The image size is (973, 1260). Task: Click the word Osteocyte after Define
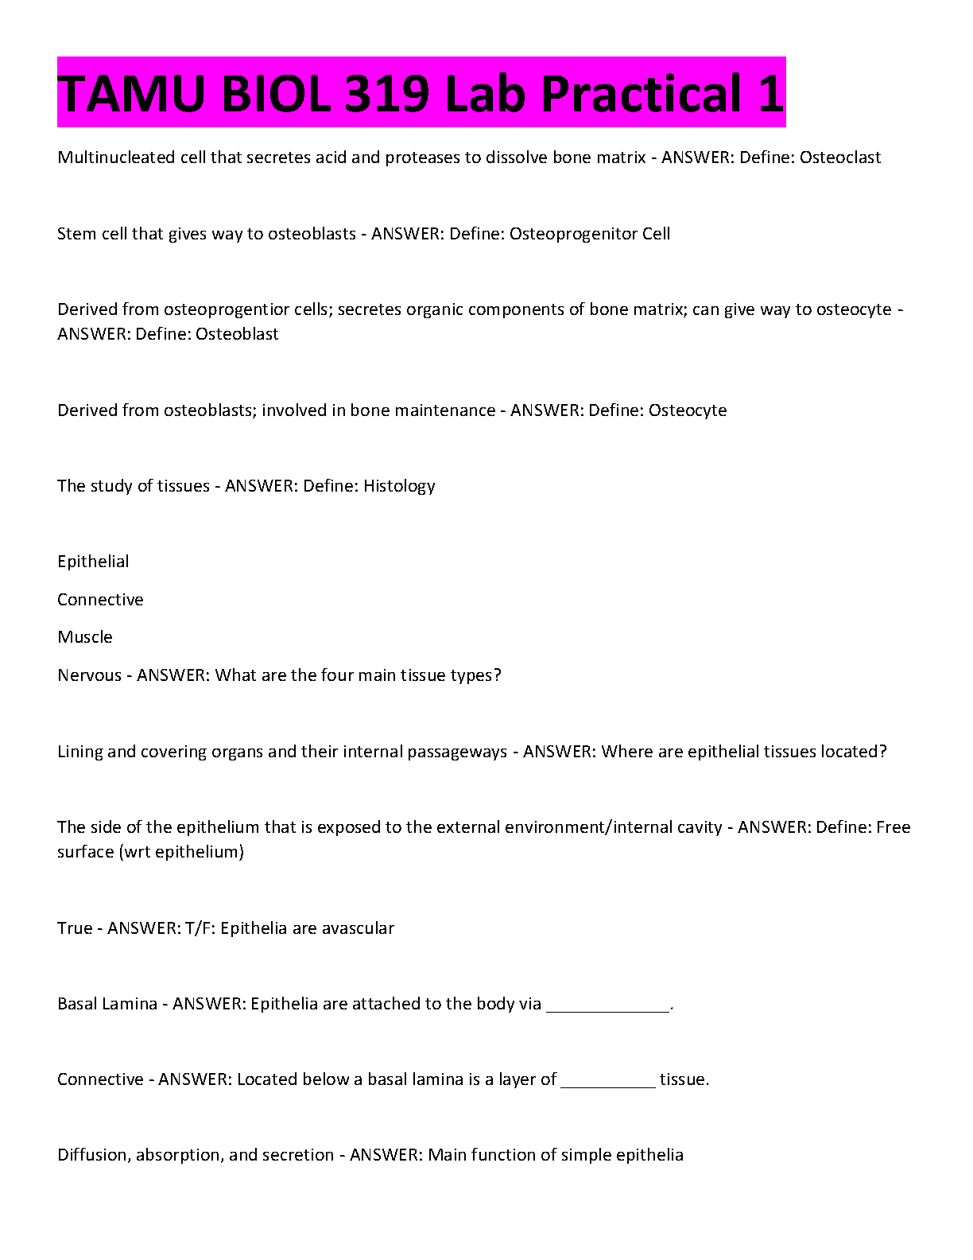(x=688, y=410)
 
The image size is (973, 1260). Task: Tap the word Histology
(x=399, y=486)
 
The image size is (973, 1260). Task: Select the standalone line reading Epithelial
(x=93, y=562)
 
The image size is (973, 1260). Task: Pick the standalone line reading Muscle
(x=85, y=637)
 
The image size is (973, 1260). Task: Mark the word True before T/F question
(x=75, y=928)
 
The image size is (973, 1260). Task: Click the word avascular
(x=358, y=928)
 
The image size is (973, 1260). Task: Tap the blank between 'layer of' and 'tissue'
(x=608, y=1081)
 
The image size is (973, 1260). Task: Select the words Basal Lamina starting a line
(x=107, y=1004)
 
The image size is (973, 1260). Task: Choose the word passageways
(x=457, y=752)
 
